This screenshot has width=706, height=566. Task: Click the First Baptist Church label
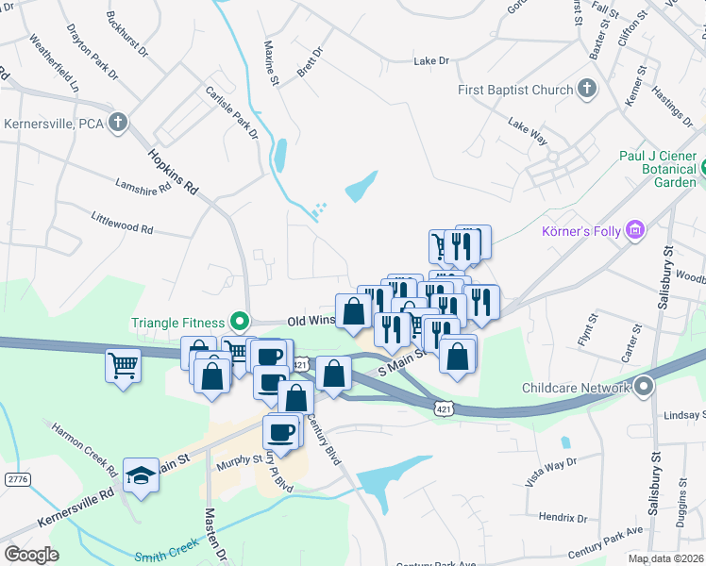click(515, 91)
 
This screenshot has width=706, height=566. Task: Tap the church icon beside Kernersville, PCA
click(118, 123)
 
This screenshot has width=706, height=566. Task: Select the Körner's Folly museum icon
click(636, 229)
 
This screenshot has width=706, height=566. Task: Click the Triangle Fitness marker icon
click(241, 322)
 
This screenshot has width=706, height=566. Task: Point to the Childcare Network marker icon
click(645, 388)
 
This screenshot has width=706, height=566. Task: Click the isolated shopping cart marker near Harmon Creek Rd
click(124, 364)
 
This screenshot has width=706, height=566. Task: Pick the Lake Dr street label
click(431, 61)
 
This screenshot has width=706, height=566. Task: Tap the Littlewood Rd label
click(122, 228)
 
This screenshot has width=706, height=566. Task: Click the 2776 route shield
click(17, 479)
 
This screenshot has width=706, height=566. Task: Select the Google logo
click(31, 555)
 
